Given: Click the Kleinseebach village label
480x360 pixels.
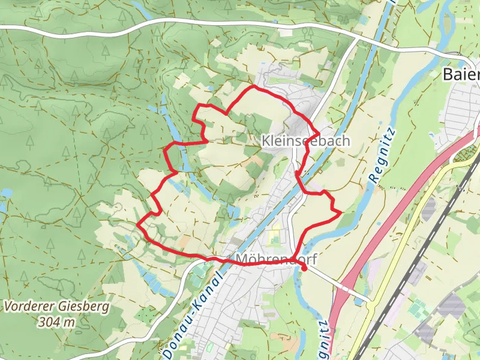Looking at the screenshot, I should point(305,140).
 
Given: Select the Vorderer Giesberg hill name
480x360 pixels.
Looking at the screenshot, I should point(56,307).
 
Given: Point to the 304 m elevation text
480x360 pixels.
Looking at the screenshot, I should point(56,322).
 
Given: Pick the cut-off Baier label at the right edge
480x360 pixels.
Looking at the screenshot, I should point(461,74).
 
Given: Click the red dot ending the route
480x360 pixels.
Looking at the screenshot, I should point(304,268).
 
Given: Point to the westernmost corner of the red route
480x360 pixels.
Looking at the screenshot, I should point(138,224).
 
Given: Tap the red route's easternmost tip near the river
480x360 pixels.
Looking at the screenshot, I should point(341,212).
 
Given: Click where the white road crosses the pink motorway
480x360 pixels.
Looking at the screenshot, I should point(345,288).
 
